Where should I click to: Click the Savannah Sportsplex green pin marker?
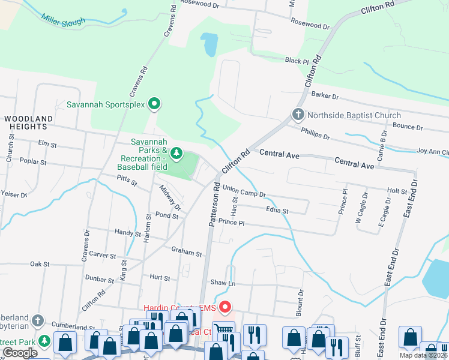(154, 104)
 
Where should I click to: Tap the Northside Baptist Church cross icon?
(298, 115)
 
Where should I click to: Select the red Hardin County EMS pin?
(225, 308)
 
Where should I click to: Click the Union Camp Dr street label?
(244, 191)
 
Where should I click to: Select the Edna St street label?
(277, 211)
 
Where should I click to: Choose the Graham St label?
(186, 252)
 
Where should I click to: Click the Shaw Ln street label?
(222, 283)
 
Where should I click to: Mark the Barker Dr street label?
(325, 96)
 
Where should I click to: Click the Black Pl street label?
(297, 61)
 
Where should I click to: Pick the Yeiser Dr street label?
(14, 194)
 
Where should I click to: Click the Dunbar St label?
(100, 279)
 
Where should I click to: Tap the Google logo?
(20, 353)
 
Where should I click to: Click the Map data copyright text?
(423, 355)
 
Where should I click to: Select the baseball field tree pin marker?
(176, 154)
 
